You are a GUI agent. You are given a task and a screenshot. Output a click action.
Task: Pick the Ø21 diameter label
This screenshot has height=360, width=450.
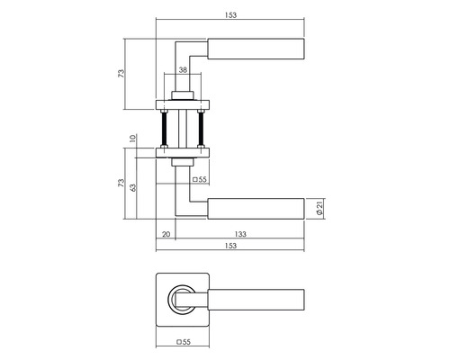click(x=321, y=209)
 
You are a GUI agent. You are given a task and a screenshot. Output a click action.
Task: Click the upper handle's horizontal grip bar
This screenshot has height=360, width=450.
click(x=256, y=47)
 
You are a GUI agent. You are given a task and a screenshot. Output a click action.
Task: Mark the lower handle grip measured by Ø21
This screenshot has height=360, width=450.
click(x=256, y=209)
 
